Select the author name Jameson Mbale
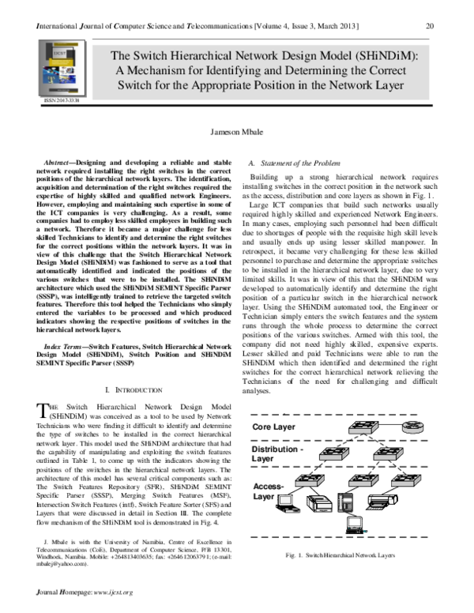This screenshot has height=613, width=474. pos(237,135)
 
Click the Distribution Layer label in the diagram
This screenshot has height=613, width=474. pos(277,453)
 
